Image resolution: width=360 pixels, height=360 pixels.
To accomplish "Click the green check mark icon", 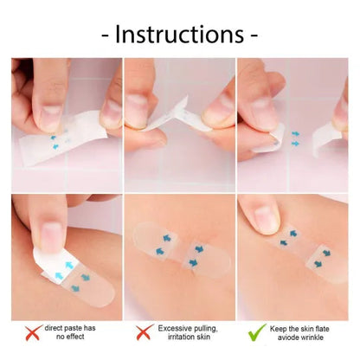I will pyautogui.click(x=258, y=332).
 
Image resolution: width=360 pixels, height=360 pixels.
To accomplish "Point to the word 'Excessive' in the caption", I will pyautogui.click(x=175, y=329).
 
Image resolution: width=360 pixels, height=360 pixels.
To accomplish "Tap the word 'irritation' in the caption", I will pyautogui.click(x=176, y=337).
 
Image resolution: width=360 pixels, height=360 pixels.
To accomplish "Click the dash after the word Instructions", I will pyautogui.click(x=254, y=37).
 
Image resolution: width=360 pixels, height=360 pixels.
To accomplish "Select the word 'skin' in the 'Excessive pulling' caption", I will pyautogui.click(x=202, y=337).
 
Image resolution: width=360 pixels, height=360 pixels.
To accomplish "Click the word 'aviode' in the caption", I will pyautogui.click(x=294, y=337).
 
